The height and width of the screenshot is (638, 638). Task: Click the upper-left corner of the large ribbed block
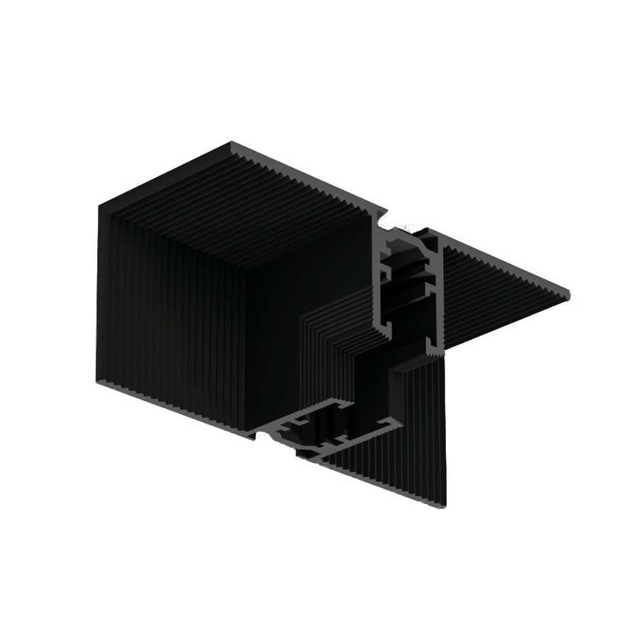[x=99, y=203]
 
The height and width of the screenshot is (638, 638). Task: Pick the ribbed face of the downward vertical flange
[x=418, y=425]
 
